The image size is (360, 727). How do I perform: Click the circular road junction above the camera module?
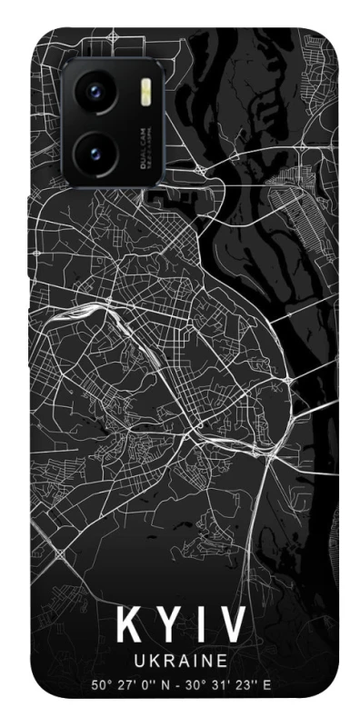[112, 36]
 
